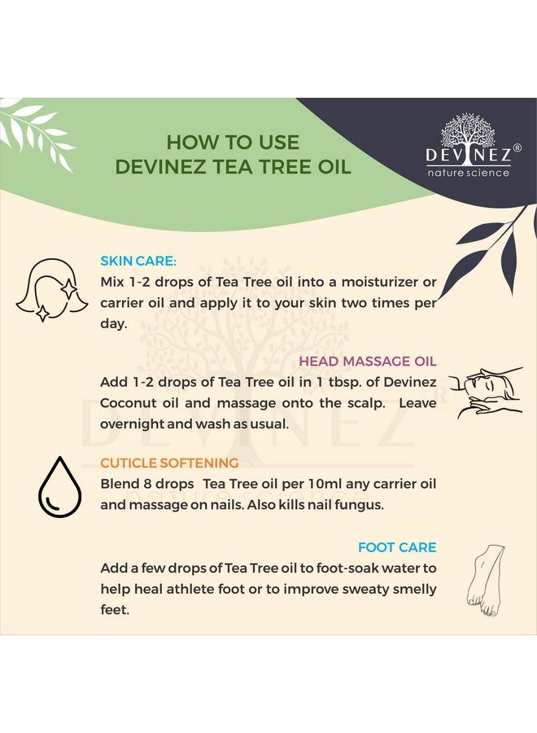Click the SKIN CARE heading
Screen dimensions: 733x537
pos(138,261)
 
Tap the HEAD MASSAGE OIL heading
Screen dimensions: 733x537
pos(368,361)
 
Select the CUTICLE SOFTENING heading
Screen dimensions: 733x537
pos(169,463)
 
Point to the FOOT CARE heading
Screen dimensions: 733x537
pos(397,547)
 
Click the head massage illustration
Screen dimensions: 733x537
pos(485,391)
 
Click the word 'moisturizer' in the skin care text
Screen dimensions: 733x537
pos(380,282)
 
